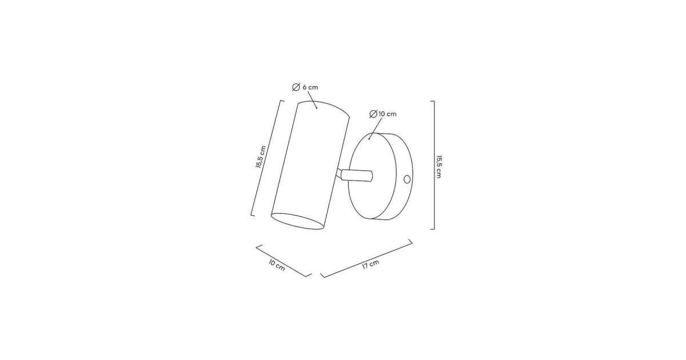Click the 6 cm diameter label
pos(305,87)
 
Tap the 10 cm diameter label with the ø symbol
pos(383,114)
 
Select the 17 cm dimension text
pos(370,264)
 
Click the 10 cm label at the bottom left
pos(277,265)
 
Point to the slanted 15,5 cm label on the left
pos(261,157)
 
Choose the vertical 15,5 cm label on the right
pos(439,167)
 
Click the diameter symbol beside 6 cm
pos(296,87)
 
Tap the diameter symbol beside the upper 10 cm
pos(373,114)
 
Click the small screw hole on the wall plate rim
pos(407,179)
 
